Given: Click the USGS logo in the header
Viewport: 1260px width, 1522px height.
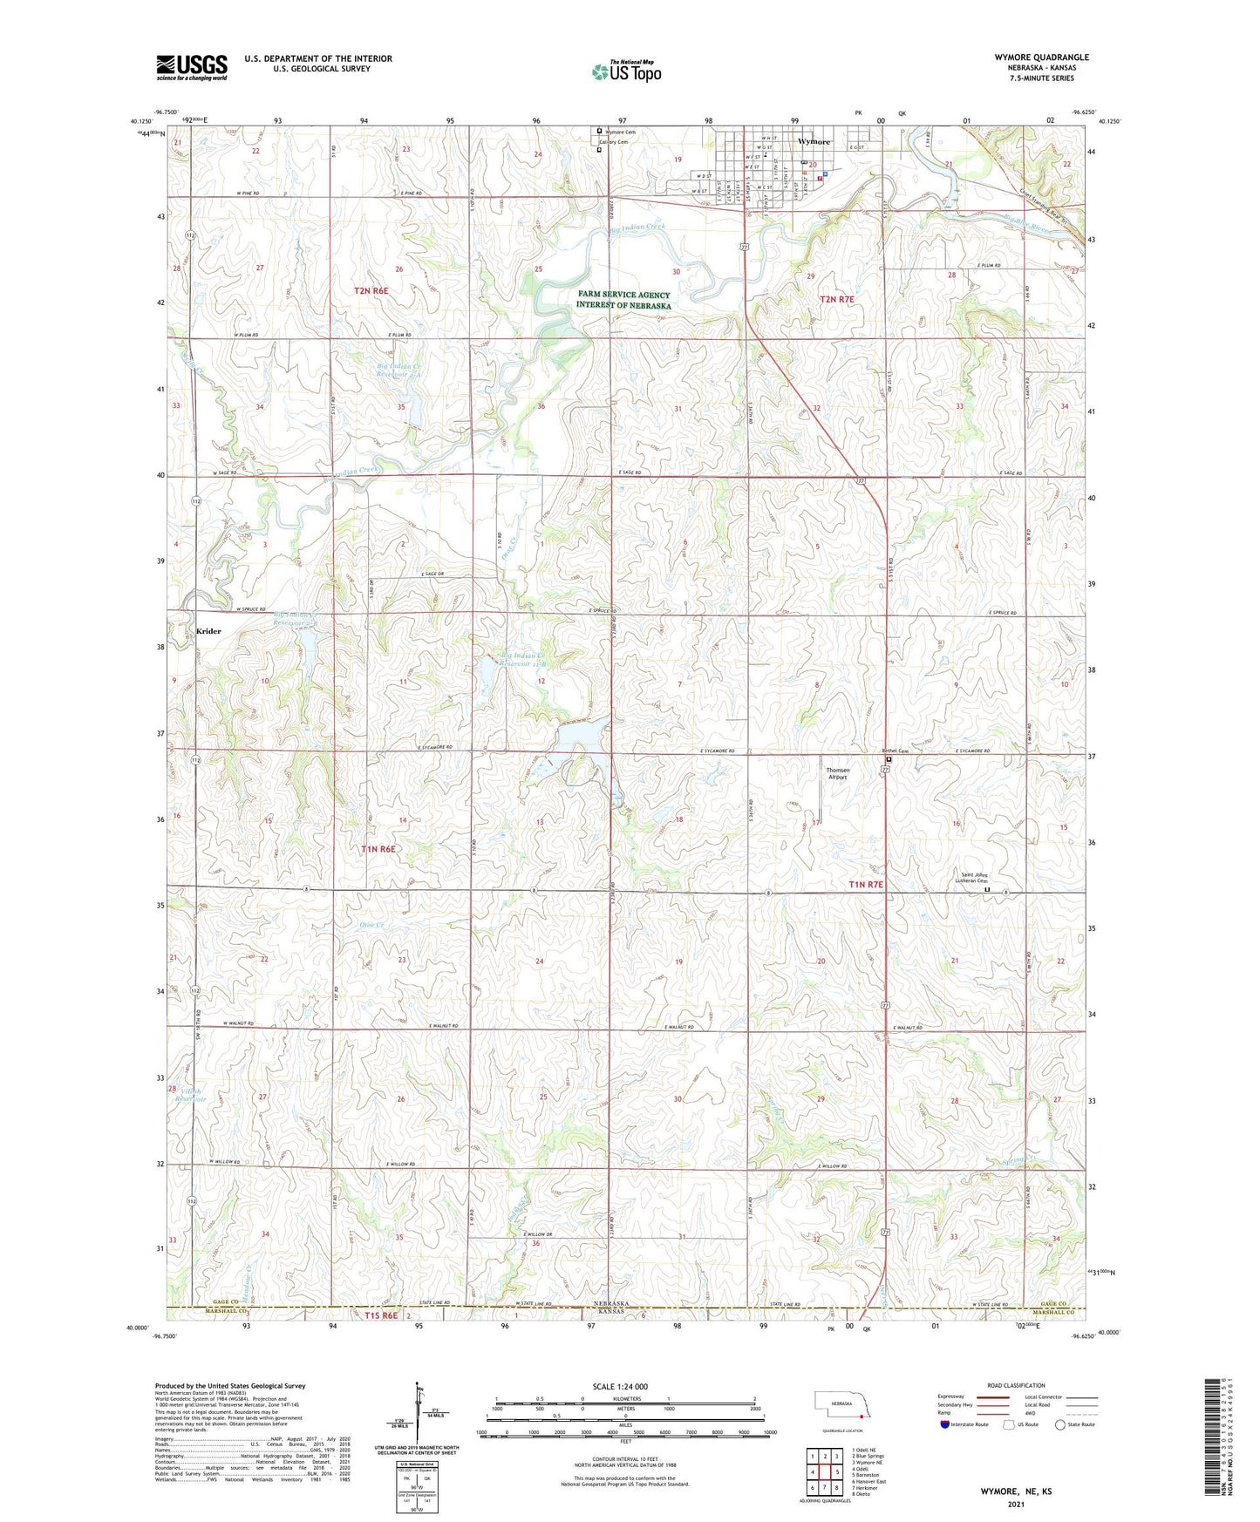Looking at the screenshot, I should point(192,66).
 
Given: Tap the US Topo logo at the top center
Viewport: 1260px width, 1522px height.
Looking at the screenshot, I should point(626,71).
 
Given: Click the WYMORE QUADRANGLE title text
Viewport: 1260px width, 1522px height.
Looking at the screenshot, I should point(1041,58).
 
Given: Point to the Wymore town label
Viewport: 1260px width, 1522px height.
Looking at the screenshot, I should point(814,141).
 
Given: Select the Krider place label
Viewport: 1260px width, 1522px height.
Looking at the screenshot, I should point(208,631).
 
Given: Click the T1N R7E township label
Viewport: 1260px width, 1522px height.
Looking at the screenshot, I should point(866,884).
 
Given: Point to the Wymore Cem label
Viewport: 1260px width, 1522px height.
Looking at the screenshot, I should point(620,132).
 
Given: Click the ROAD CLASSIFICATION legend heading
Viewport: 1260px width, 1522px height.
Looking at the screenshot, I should point(1016,1385).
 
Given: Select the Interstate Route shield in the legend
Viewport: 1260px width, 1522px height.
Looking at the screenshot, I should point(945,1424).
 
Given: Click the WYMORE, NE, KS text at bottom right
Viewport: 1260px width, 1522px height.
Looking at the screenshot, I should point(1015,1491).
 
